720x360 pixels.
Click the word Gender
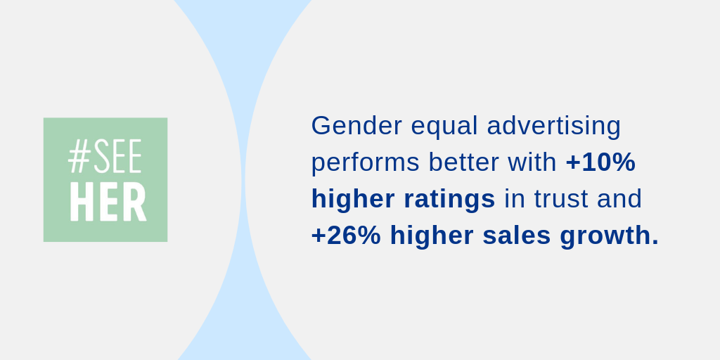[356, 125]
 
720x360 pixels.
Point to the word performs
[366, 163]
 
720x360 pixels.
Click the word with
[532, 162]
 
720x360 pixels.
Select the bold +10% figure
[600, 162]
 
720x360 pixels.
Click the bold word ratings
[449, 200]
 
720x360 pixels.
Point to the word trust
[560, 199]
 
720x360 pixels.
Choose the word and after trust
[619, 199]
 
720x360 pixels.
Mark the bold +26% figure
[346, 236]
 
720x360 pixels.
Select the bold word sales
[517, 236]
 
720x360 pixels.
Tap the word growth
[605, 237]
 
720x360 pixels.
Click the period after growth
[655, 243]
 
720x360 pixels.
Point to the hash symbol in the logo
[79, 156]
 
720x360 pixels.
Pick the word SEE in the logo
[117, 156]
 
